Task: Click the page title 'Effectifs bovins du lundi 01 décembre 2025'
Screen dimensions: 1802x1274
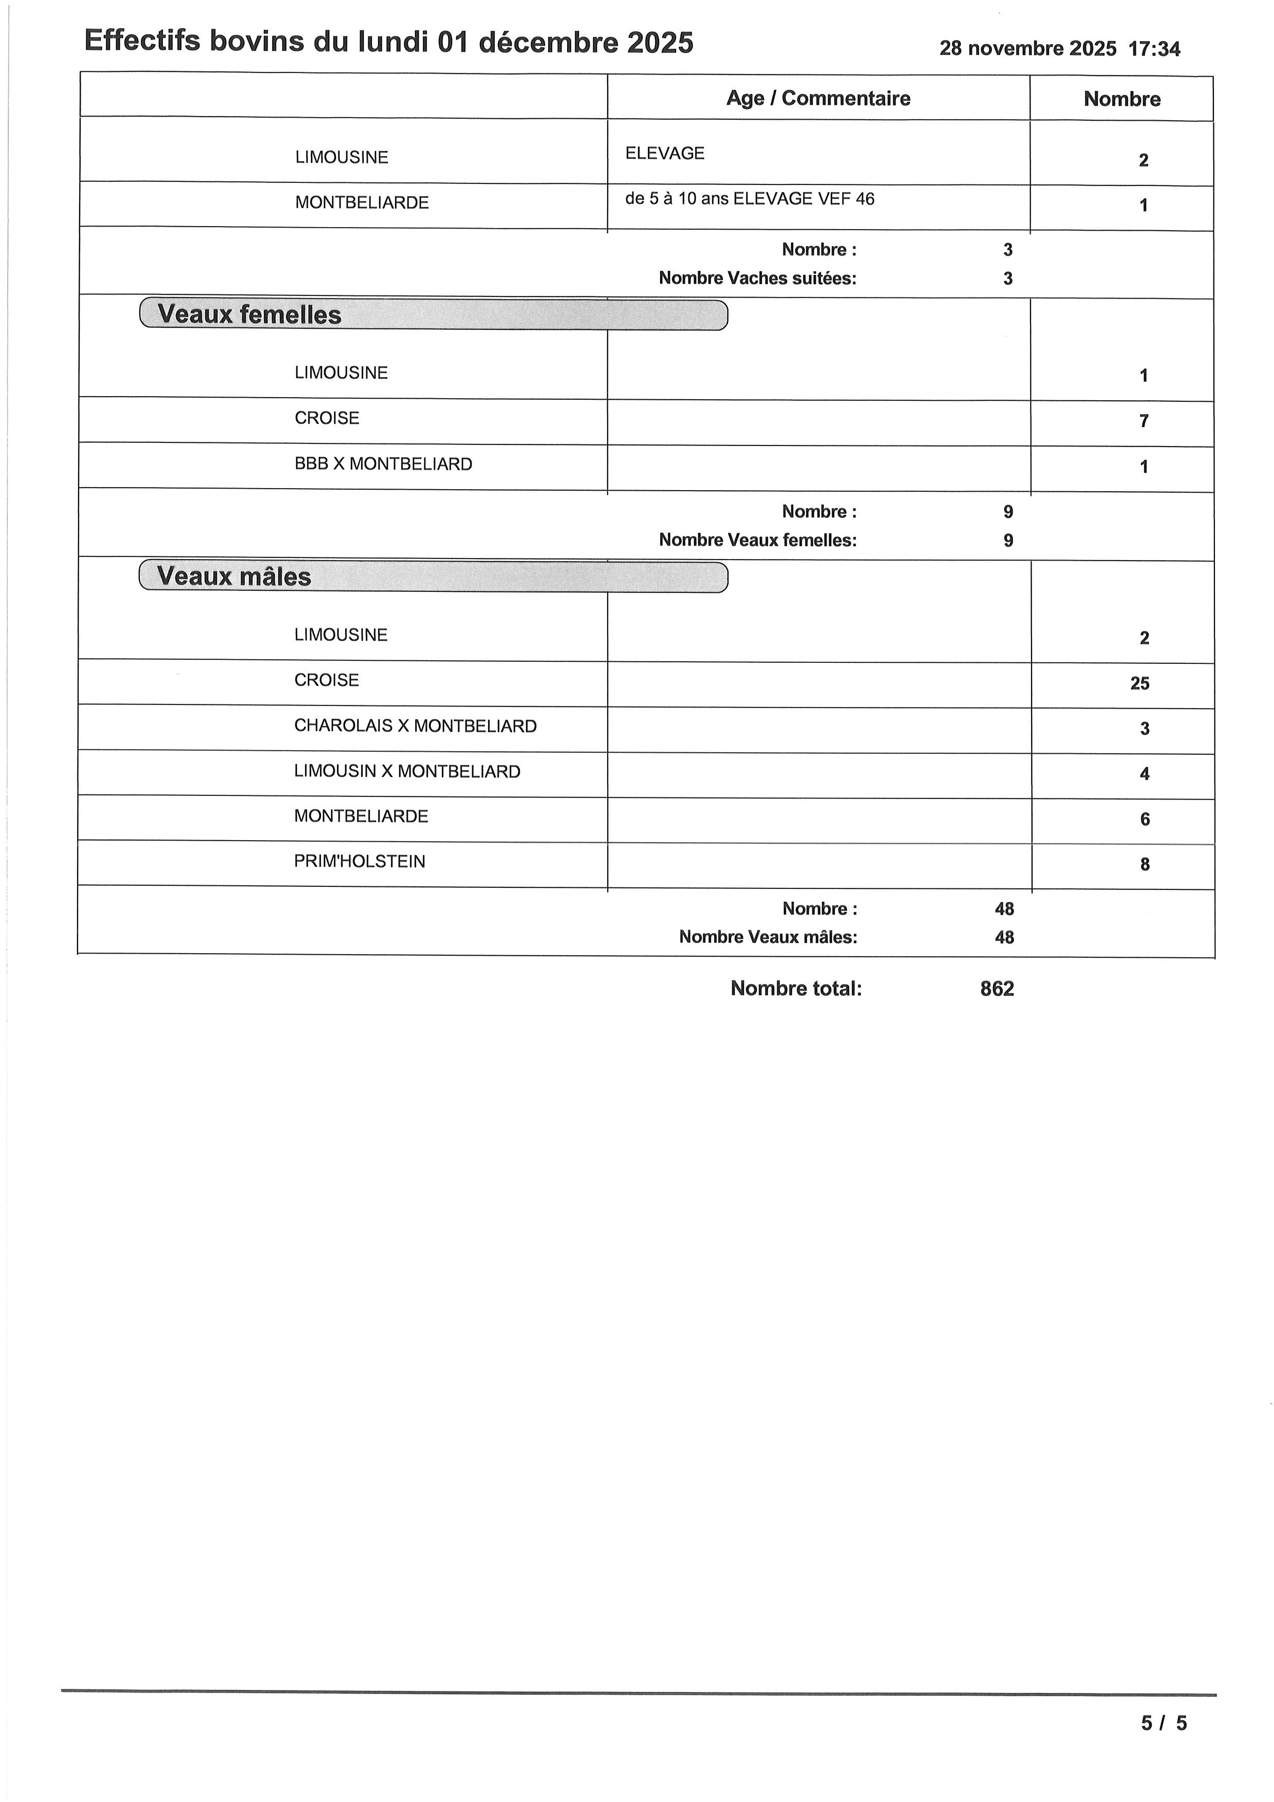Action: point(388,42)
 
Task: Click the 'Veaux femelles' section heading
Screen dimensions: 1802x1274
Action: point(250,315)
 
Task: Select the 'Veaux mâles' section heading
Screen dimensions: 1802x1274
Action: point(234,577)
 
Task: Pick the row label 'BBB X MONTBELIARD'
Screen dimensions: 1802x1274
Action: point(383,464)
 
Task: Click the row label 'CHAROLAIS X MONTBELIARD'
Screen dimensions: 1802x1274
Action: point(415,726)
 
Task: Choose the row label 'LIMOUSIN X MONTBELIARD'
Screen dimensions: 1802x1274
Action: point(407,771)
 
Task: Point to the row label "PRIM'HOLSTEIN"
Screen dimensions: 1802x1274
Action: point(359,862)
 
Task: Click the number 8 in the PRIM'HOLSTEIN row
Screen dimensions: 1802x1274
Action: point(1145,865)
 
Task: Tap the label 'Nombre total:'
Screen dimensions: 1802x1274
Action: point(795,989)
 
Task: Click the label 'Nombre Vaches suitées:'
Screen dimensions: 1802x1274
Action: point(757,278)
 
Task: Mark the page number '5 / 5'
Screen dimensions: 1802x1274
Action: point(1164,1723)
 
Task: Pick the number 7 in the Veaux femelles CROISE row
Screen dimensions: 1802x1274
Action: point(1144,421)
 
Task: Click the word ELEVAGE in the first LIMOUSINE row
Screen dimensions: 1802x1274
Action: point(664,154)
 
